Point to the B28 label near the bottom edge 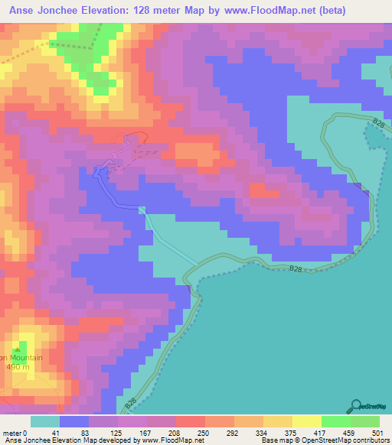pyautogui.click(x=132, y=401)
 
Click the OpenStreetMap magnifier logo pyautogui.click(x=356, y=408)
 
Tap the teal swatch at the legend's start pyautogui.click(x=44, y=421)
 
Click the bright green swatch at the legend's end pyautogui.click(x=364, y=421)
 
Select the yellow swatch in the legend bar pyautogui.click(x=277, y=421)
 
